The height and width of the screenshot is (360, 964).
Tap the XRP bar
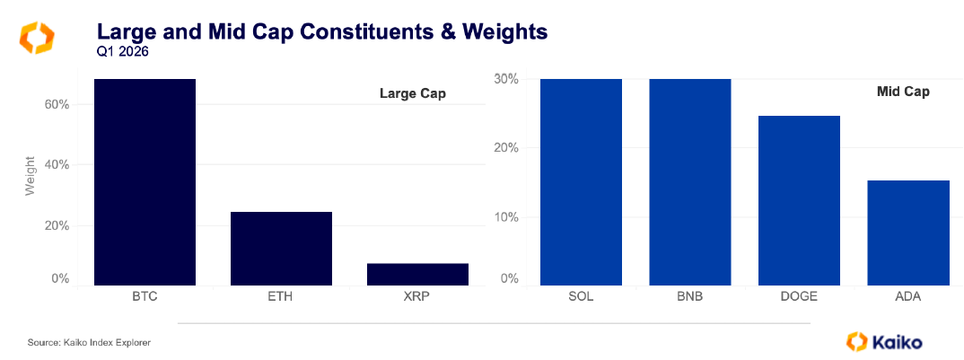tap(417, 275)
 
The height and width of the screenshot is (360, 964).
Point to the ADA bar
tap(908, 233)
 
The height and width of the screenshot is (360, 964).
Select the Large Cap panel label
tap(412, 93)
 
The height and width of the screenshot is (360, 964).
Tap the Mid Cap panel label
tap(903, 92)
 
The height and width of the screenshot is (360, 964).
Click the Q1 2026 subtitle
tap(122, 51)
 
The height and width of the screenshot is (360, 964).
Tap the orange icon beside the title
tap(37, 37)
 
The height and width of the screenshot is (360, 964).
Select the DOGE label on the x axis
tap(799, 295)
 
